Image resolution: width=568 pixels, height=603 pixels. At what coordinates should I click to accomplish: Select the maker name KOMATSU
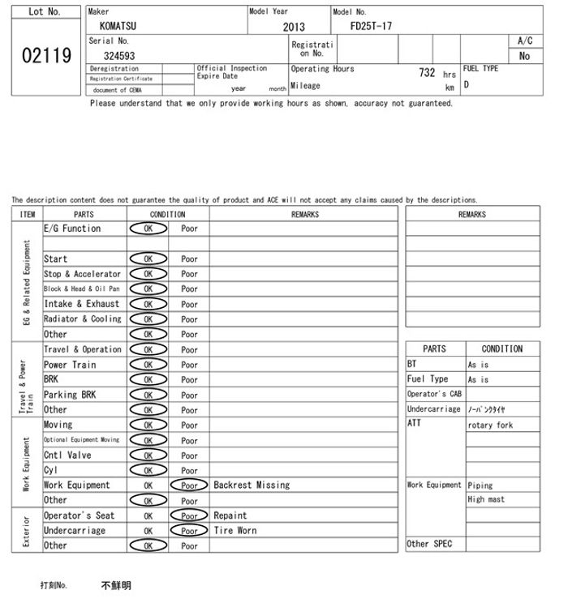point(118,26)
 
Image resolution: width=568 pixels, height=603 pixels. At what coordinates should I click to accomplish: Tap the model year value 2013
point(294,27)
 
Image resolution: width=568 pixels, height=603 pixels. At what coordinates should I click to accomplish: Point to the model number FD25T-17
point(371,26)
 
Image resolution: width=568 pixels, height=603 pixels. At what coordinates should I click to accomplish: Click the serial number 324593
point(119,56)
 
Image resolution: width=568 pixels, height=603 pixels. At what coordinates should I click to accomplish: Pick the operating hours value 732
point(427,73)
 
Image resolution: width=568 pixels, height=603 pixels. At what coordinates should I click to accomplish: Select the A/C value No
point(524,56)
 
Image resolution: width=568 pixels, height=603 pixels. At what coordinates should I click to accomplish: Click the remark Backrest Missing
point(252,485)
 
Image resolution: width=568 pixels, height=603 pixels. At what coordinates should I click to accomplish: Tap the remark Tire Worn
point(235,530)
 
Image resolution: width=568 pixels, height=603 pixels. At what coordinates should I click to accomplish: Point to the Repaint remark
point(230,515)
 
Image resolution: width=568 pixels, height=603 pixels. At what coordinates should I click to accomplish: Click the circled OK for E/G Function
point(148,229)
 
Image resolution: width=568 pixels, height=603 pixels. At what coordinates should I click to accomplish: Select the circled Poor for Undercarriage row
point(189,531)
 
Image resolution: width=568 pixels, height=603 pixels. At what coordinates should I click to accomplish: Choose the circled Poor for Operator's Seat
point(189,515)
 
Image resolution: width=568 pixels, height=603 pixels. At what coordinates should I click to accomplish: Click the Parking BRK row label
point(70,395)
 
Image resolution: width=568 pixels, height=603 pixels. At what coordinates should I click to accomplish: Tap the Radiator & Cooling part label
point(82,319)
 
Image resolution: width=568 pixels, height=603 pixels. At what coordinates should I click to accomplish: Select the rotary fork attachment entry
point(490,425)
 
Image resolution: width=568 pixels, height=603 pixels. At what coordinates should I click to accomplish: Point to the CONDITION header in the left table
point(168,215)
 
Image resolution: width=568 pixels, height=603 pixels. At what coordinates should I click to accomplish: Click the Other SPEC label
point(429,544)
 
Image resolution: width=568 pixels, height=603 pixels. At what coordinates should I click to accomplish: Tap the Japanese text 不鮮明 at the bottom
point(116,585)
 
